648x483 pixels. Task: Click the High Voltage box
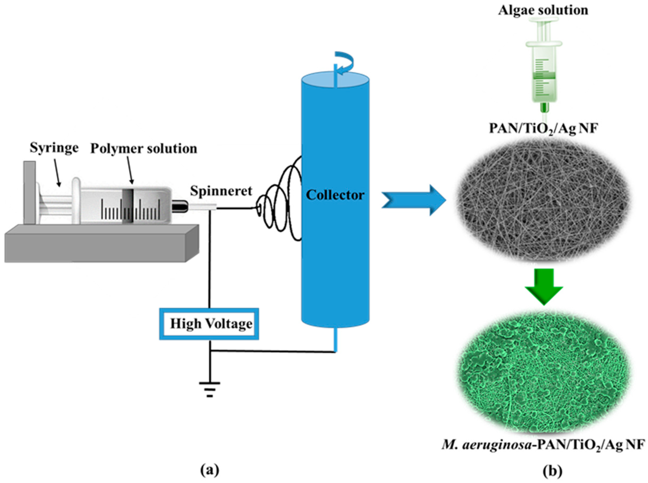[209, 324]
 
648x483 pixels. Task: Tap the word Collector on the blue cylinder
[335, 195]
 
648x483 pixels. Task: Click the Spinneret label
[221, 191]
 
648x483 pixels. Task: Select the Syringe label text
[54, 148]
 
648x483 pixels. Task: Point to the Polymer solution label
[143, 149]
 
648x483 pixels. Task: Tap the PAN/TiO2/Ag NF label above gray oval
[543, 129]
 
